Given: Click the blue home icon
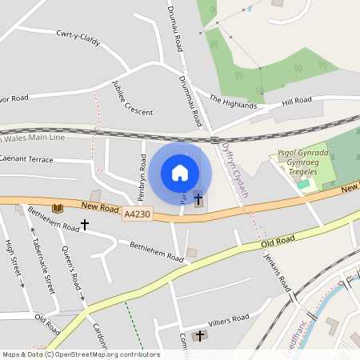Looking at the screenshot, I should [x=180, y=173].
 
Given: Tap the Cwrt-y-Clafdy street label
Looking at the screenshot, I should [x=78, y=38].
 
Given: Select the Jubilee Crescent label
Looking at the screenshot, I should [x=132, y=98].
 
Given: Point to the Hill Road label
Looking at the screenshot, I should [x=296, y=102].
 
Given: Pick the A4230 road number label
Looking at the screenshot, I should [x=137, y=214].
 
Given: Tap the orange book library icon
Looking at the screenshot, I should [x=57, y=208].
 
